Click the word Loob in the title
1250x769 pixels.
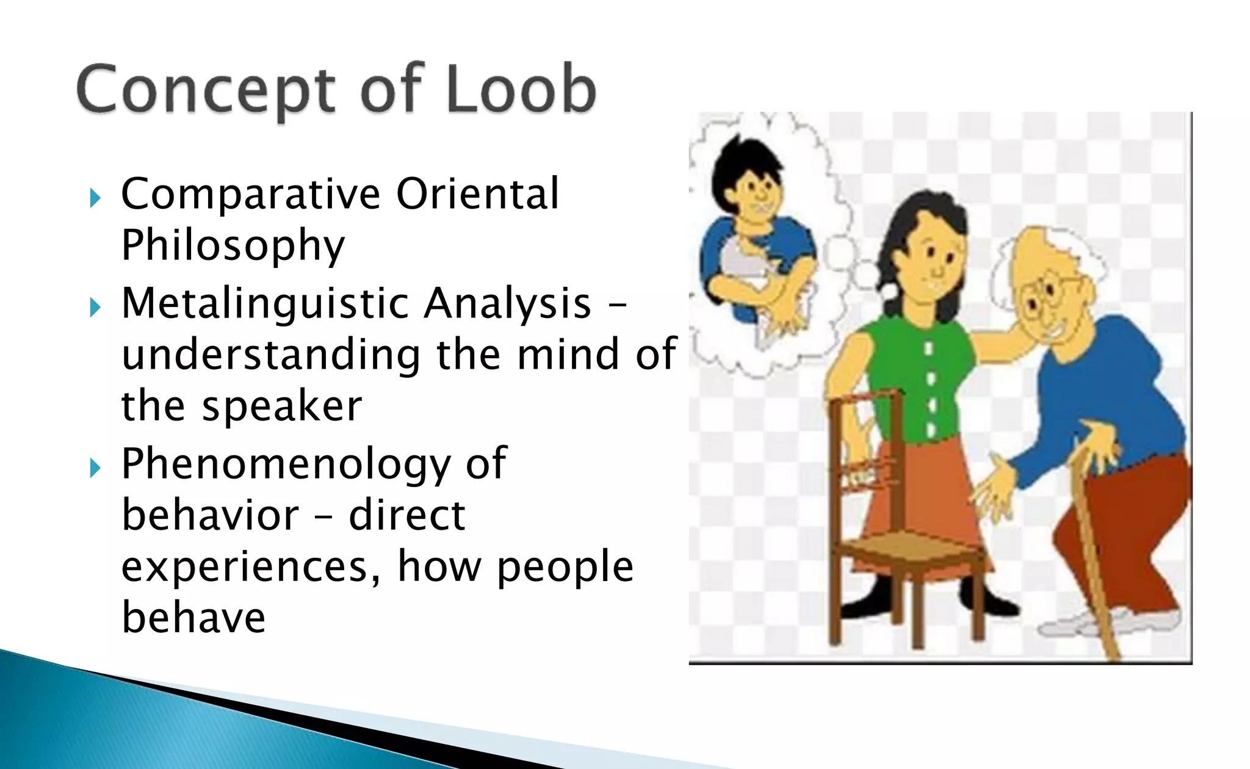point(521,90)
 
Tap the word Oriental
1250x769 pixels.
point(477,194)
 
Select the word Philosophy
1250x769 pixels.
point(233,246)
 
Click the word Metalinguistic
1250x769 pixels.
point(264,304)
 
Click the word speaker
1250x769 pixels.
point(282,406)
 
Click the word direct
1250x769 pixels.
point(407,515)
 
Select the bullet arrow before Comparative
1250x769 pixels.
point(95,198)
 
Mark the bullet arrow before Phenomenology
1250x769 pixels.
point(95,468)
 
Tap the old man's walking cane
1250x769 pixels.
point(1093,549)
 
